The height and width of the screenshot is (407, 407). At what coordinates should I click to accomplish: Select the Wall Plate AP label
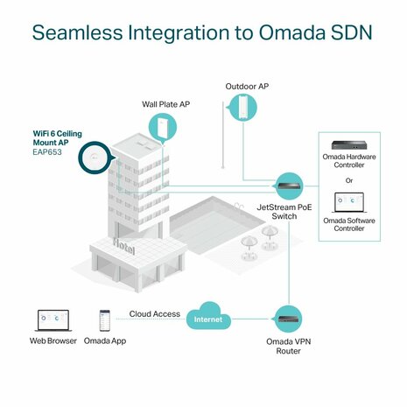(167, 104)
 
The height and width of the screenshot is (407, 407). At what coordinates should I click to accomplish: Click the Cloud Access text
(156, 313)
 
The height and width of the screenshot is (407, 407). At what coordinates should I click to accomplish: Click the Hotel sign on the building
(126, 242)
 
